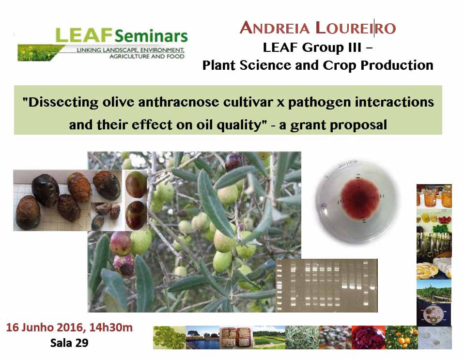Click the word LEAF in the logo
click(x=84, y=35)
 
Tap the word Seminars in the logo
click(x=151, y=36)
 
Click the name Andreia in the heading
click(x=275, y=28)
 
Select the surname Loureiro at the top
click(x=356, y=28)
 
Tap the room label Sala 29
click(x=69, y=343)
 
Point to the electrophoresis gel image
click(x=326, y=285)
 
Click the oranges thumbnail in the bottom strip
click(x=402, y=337)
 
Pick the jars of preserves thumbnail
click(x=434, y=196)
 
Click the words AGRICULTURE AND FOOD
click(x=147, y=56)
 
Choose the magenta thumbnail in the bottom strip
click(x=368, y=337)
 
